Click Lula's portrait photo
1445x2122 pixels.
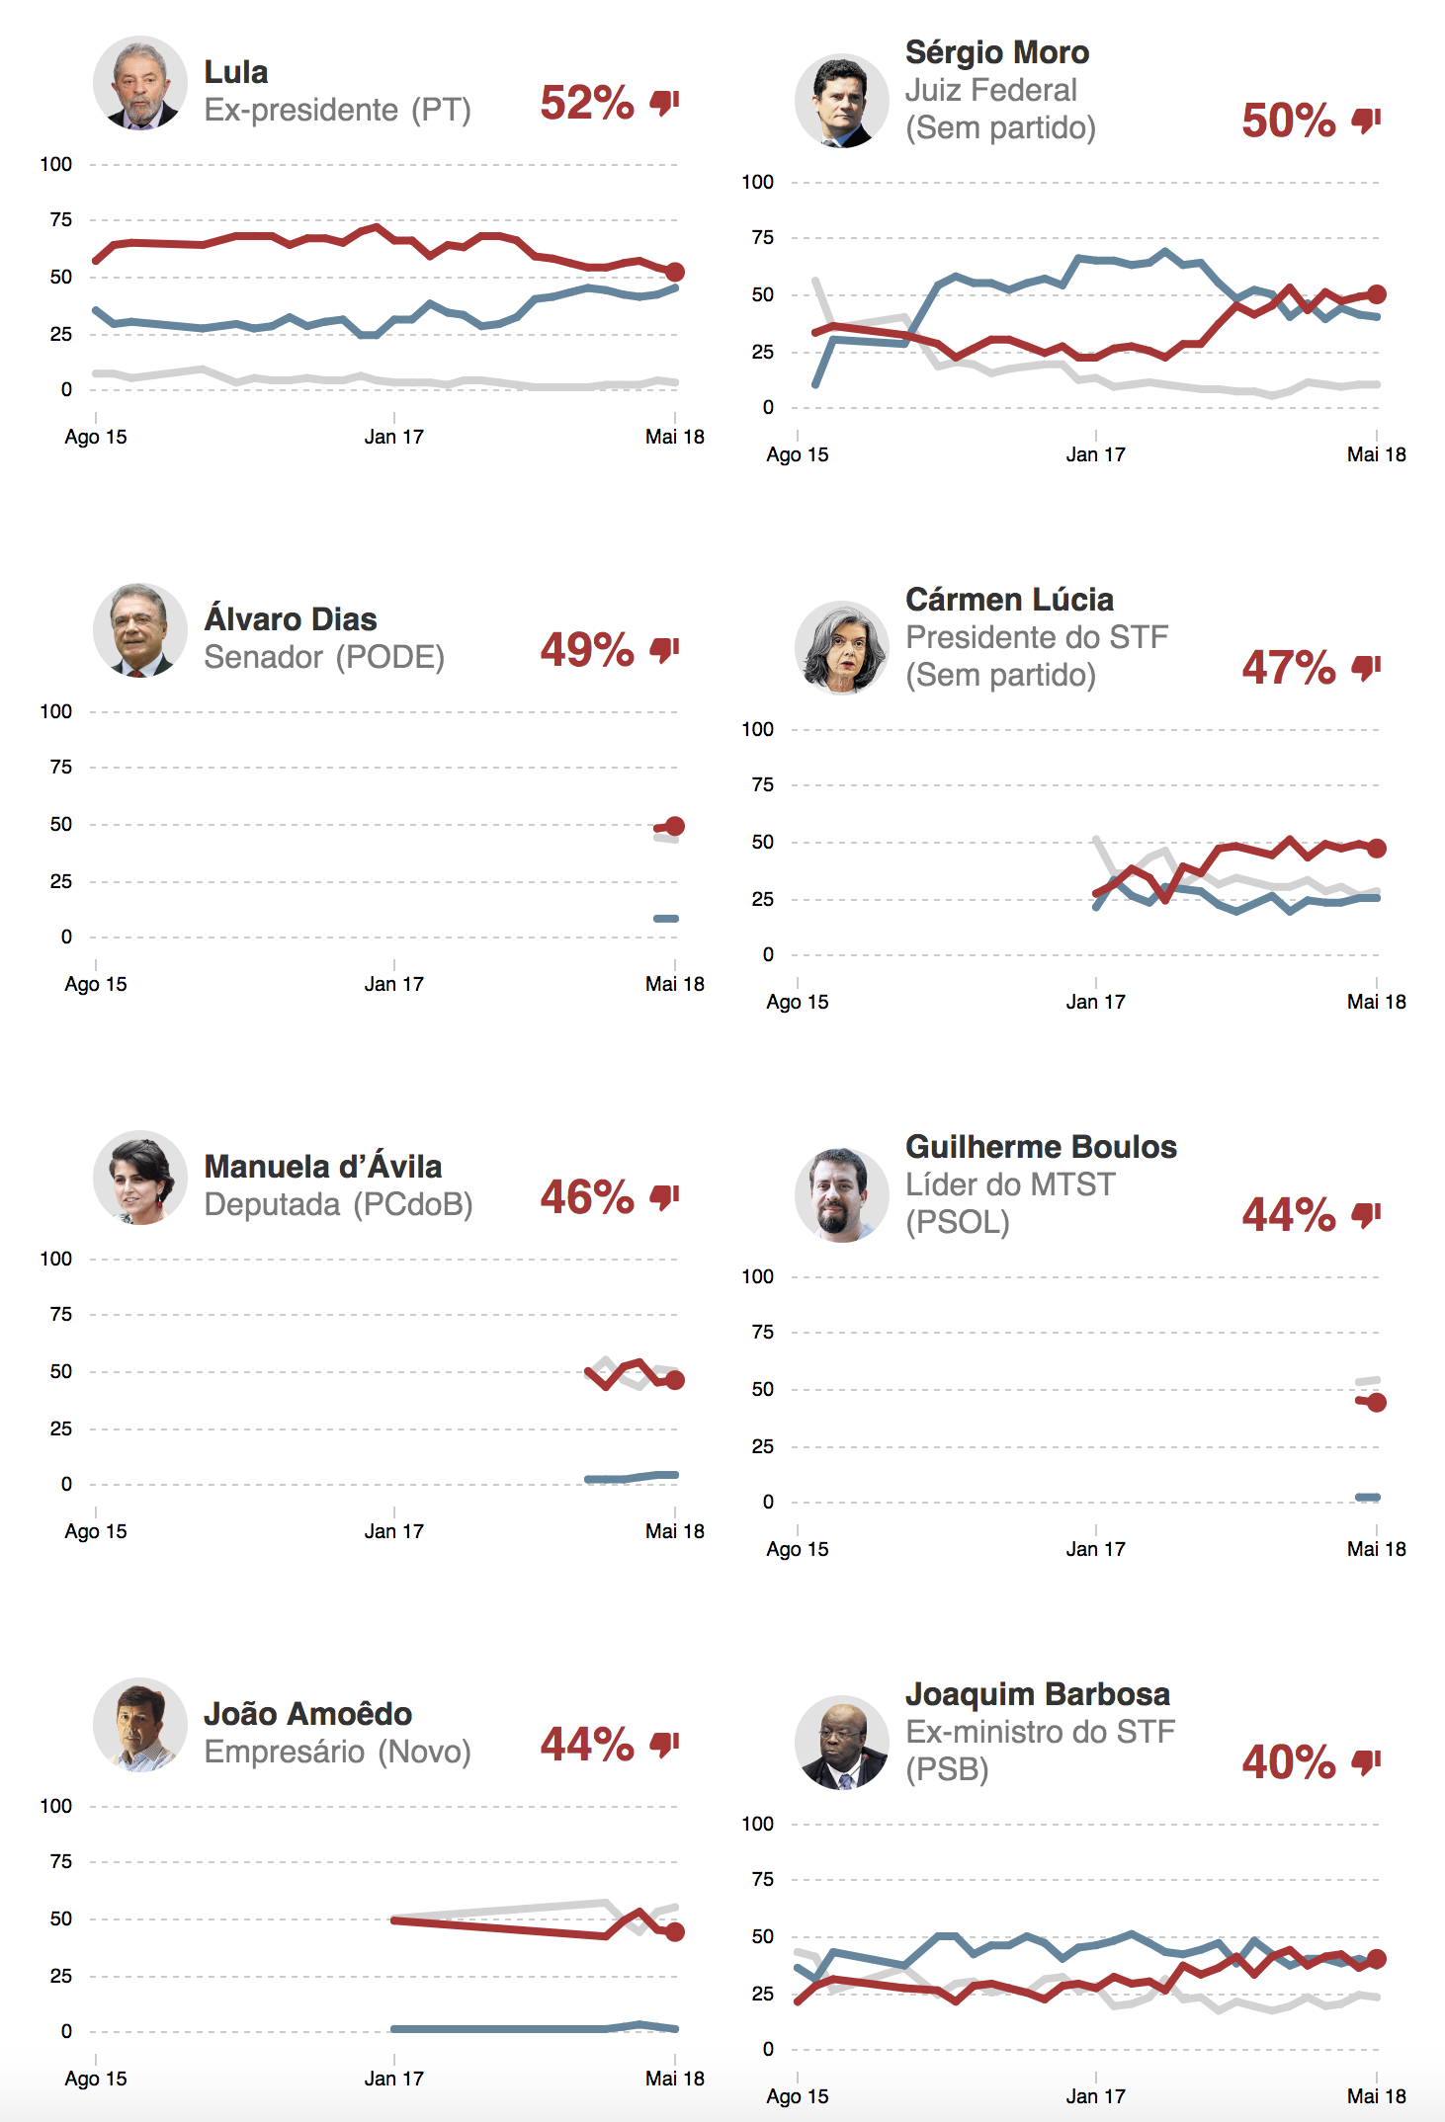pos(140,83)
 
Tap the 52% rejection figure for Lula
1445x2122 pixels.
pos(586,103)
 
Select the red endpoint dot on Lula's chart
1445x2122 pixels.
pos(674,272)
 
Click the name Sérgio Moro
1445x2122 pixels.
pos(996,52)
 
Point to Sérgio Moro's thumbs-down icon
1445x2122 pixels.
pos(1366,121)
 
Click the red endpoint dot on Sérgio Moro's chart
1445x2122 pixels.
pos(1376,294)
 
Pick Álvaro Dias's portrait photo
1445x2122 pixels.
pos(140,630)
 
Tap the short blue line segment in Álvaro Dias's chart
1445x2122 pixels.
pos(666,919)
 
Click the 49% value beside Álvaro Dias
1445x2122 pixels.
pos(586,650)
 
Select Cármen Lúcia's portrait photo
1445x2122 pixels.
pos(842,648)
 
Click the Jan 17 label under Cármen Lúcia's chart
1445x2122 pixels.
pos(1095,1002)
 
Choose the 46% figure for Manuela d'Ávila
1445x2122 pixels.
pos(586,1197)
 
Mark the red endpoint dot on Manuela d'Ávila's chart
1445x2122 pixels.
pos(674,1380)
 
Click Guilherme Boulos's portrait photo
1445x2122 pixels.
pos(842,1195)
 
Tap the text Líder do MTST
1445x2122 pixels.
pos(1010,1184)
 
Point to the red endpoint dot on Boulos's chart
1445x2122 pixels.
pos(1376,1403)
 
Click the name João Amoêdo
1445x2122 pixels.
pos(307,1714)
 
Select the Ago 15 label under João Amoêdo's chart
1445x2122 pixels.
pos(96,2079)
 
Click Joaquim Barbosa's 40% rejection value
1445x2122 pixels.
pos(1288,1762)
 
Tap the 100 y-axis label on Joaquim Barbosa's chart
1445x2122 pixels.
pos(757,1824)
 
